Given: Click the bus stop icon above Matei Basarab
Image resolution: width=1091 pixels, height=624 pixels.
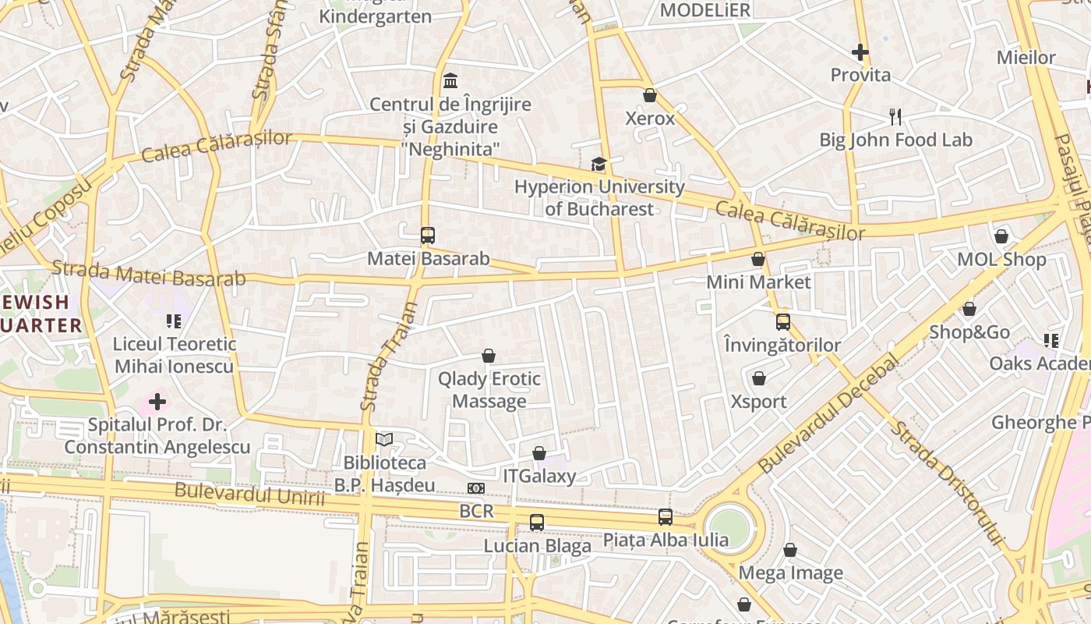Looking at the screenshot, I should pyautogui.click(x=427, y=235).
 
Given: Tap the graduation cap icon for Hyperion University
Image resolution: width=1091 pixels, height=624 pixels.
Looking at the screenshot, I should pyautogui.click(x=598, y=164).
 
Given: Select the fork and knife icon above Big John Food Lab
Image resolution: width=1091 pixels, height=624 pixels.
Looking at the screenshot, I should pyautogui.click(x=895, y=117).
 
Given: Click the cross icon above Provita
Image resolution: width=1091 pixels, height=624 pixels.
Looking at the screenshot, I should pyautogui.click(x=860, y=52).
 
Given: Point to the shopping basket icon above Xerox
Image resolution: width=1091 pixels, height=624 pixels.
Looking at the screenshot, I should pyautogui.click(x=650, y=95).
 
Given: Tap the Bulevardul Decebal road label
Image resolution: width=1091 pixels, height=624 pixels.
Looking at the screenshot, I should pyautogui.click(x=828, y=414).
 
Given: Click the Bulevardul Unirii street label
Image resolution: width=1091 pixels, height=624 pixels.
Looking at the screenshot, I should pyautogui.click(x=249, y=495).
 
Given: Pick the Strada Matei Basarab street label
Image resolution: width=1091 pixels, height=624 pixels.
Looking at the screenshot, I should pyautogui.click(x=148, y=274).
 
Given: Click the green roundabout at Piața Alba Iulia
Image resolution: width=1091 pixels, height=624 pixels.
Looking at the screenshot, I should pyautogui.click(x=729, y=528).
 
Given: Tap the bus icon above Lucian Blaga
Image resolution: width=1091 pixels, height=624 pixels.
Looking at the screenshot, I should pyautogui.click(x=537, y=523).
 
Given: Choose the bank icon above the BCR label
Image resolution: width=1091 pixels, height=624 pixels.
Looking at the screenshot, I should pyautogui.click(x=475, y=488).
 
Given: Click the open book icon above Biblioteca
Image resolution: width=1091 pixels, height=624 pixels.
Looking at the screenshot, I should pyautogui.click(x=383, y=440).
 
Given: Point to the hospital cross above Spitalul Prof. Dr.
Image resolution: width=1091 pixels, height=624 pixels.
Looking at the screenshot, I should pyautogui.click(x=157, y=402).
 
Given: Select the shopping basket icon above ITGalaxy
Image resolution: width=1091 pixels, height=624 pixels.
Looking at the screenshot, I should pyautogui.click(x=539, y=453).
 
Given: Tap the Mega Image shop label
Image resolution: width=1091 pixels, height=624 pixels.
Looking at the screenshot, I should pyautogui.click(x=790, y=573).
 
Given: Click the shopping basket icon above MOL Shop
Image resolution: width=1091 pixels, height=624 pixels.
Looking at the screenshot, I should pyautogui.click(x=1001, y=236).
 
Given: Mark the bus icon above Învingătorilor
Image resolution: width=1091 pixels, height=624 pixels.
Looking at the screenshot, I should pyautogui.click(x=782, y=321).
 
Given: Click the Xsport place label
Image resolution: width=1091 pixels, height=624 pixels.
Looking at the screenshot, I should pyautogui.click(x=758, y=402).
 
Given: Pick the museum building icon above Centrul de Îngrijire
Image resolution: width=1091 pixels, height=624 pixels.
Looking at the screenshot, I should pyautogui.click(x=450, y=81).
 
